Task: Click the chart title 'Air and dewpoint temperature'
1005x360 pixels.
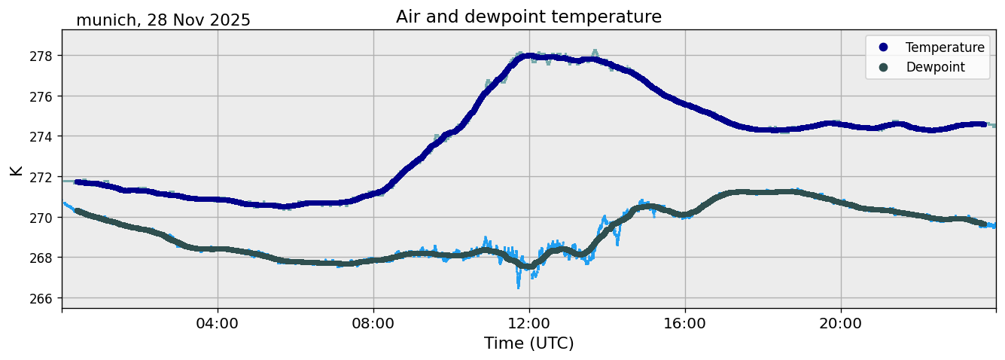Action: pyautogui.click(x=528, y=17)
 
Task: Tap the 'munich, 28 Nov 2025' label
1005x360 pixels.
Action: pyautogui.click(x=163, y=20)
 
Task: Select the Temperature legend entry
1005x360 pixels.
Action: pyautogui.click(x=944, y=47)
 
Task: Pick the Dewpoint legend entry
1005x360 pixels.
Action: pyautogui.click(x=934, y=67)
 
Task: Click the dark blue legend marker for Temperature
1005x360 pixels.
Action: pyautogui.click(x=884, y=47)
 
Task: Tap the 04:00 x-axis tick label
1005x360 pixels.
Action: pyautogui.click(x=218, y=324)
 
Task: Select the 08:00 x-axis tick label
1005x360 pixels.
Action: pyautogui.click(x=373, y=324)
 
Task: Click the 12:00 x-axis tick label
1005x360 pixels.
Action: pyautogui.click(x=529, y=324)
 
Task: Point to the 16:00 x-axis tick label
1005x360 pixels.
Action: pyautogui.click(x=685, y=324)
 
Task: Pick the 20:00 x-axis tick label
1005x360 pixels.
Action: pyautogui.click(x=841, y=324)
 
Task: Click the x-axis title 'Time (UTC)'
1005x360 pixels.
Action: pyautogui.click(x=528, y=344)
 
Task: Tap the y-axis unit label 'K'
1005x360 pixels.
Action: pyautogui.click(x=16, y=170)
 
